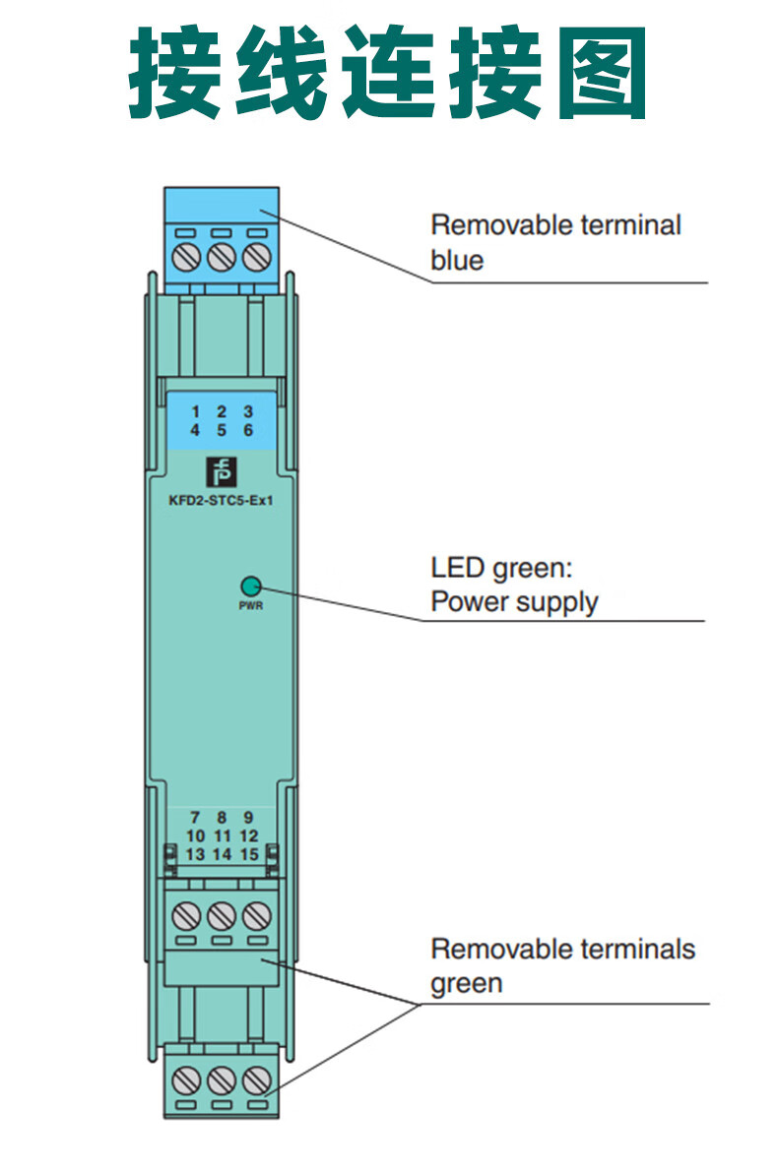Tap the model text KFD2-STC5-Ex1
click(221, 498)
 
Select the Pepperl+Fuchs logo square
click(220, 471)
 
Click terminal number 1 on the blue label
click(195, 411)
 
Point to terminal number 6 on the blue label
click(248, 430)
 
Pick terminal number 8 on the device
click(222, 817)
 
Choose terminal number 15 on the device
click(249, 854)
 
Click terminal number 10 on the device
click(195, 835)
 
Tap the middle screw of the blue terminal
click(222, 257)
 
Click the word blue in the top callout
click(457, 260)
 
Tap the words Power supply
click(514, 601)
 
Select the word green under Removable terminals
click(467, 983)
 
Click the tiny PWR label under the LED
click(250, 606)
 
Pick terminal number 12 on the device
click(249, 835)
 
